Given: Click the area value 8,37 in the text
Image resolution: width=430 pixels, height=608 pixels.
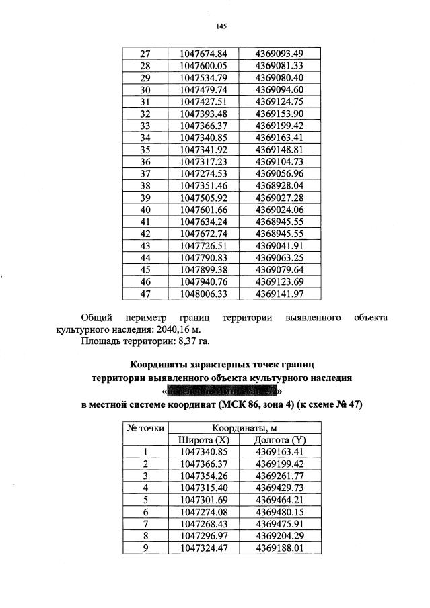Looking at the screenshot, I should (182, 341).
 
